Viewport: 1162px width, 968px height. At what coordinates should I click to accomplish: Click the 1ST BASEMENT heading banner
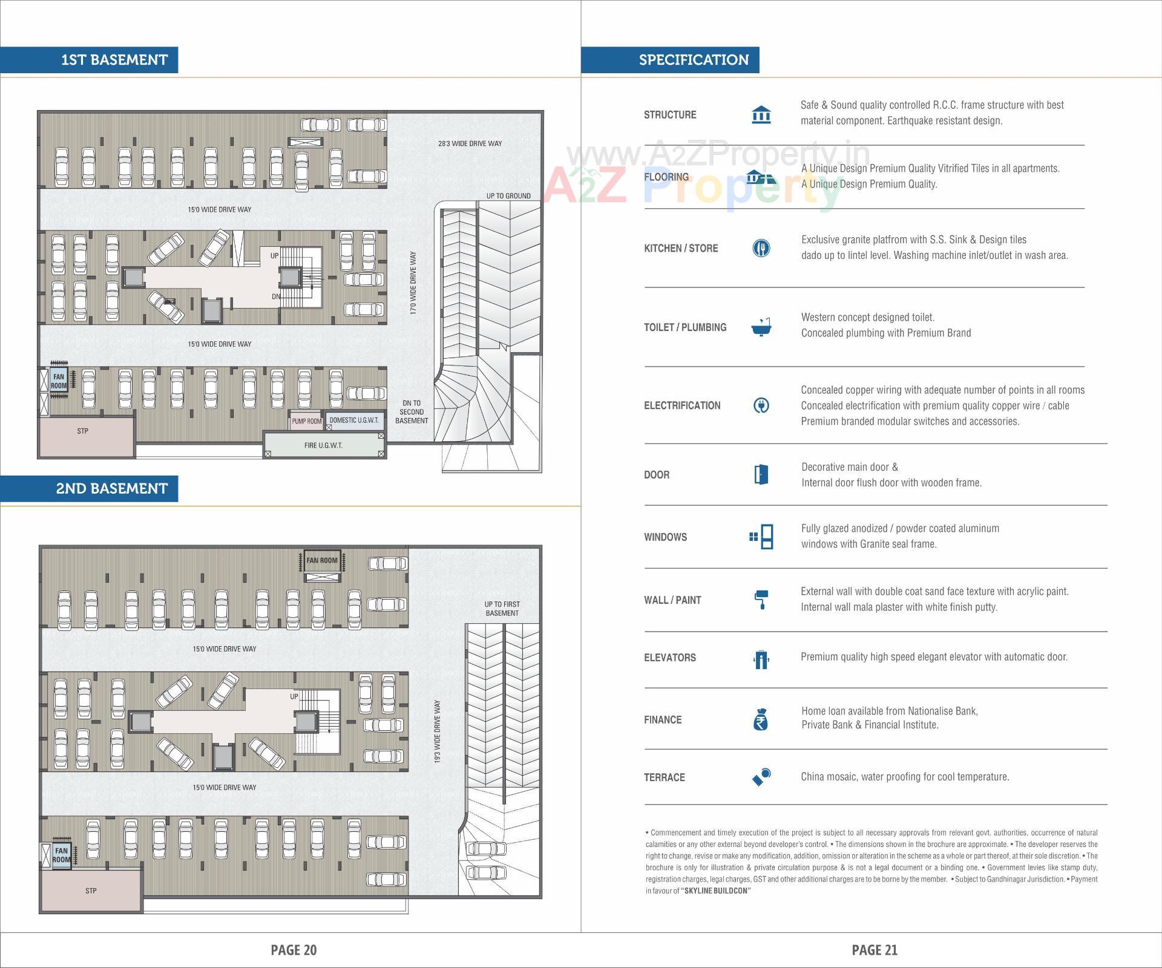pos(114,60)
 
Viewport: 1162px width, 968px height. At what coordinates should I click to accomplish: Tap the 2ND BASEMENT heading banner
pos(111,488)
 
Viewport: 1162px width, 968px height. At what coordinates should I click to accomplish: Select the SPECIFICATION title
pos(694,60)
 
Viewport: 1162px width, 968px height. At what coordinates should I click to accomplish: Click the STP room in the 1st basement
pos(83,431)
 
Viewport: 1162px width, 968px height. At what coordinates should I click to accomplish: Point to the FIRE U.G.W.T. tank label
pos(323,445)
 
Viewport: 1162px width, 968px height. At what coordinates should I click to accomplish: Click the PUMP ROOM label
pos(306,421)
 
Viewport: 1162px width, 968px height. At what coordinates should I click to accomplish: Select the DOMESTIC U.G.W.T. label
pos(354,420)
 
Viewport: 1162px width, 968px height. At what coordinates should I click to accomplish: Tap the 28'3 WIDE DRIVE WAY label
pos(470,144)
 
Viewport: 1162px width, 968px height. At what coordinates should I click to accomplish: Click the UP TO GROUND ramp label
pos(508,196)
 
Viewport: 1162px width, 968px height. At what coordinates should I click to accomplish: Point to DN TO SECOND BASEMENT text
pos(412,412)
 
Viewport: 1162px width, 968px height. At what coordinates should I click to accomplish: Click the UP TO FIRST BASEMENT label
pos(502,609)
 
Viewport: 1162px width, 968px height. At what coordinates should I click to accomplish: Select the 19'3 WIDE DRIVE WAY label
pos(438,731)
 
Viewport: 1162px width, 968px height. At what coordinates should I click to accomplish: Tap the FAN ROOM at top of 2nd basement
pos(322,560)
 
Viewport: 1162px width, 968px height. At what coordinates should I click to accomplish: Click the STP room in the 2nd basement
pos(91,891)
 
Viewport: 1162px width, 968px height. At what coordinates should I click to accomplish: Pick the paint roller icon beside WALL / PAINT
pos(761,600)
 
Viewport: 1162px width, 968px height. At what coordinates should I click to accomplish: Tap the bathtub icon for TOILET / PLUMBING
pos(761,327)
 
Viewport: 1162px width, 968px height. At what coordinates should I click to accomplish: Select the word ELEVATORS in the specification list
pos(669,658)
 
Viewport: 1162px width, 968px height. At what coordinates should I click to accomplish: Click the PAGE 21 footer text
pos(874,950)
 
